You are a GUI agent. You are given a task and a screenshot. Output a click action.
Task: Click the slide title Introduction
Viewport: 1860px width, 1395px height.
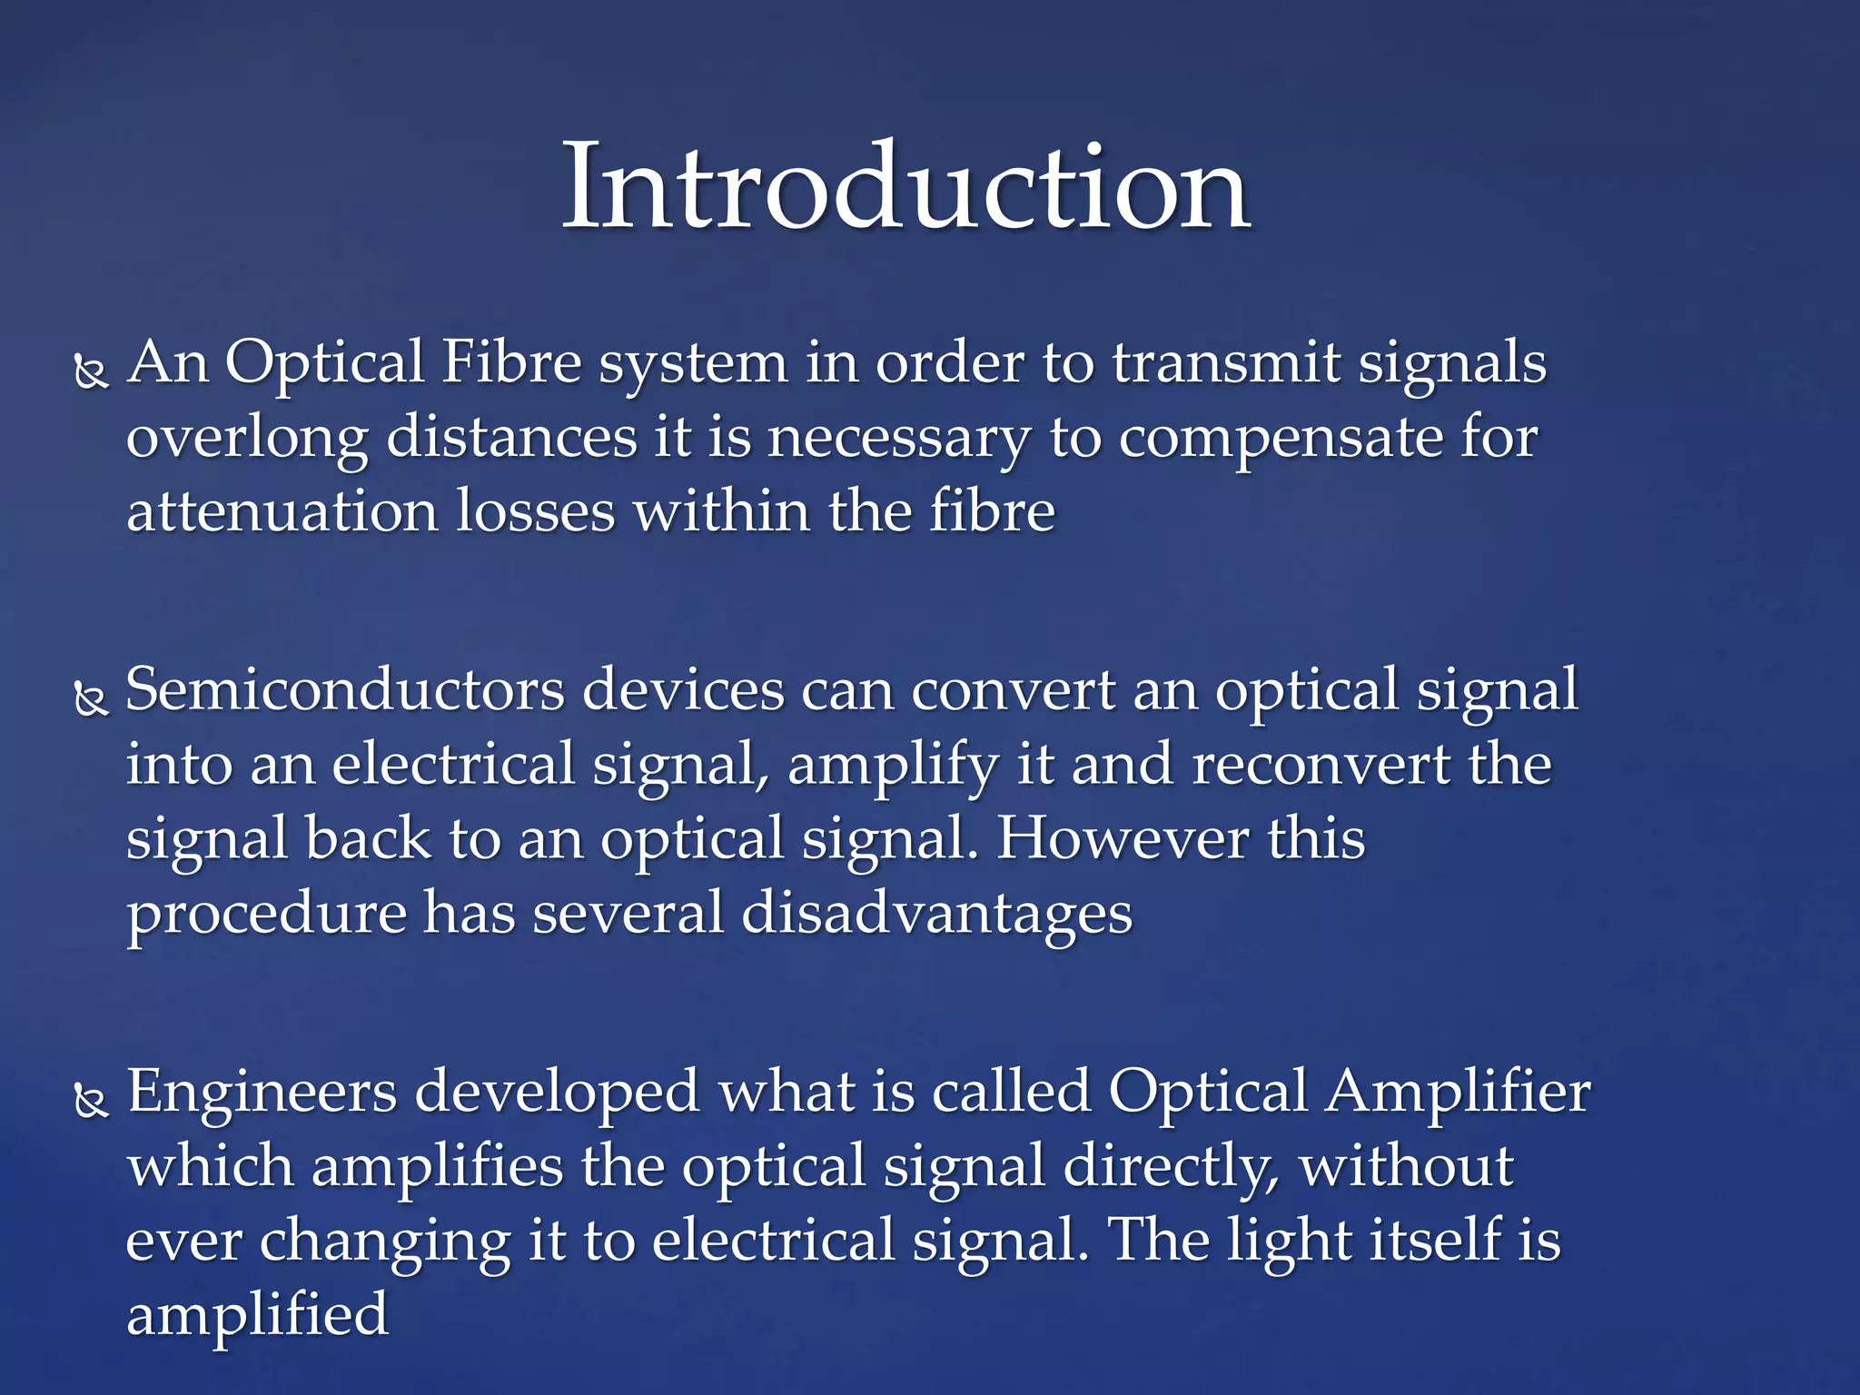tap(906, 188)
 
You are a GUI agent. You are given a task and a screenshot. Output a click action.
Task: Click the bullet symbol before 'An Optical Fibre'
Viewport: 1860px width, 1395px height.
tap(91, 373)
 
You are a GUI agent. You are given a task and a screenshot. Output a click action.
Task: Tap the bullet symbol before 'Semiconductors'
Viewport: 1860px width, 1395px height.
tap(91, 700)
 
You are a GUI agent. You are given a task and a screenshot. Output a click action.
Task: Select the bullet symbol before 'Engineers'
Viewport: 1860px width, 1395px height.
tap(91, 1102)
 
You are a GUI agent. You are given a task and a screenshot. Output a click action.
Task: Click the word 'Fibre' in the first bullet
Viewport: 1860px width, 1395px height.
tap(511, 362)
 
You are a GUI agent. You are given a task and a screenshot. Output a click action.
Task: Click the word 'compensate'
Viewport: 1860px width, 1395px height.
tap(1281, 439)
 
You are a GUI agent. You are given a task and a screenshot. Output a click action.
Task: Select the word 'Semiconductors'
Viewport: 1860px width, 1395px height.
tap(344, 690)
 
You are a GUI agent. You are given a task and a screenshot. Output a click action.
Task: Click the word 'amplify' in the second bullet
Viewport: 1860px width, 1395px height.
tap(893, 766)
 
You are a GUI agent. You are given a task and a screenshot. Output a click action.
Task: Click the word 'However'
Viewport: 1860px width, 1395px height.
tap(1123, 838)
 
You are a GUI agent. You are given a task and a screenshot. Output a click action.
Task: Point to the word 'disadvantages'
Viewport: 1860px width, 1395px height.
tap(936, 914)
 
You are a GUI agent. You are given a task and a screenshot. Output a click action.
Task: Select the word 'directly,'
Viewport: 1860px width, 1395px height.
tap(1171, 1167)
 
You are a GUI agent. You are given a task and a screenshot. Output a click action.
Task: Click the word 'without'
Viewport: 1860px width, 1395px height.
tap(1406, 1167)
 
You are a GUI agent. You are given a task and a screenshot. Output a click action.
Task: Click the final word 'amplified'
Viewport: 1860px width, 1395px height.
tap(258, 1315)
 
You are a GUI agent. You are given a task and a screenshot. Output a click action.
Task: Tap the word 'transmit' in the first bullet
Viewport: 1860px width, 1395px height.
tap(1226, 362)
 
